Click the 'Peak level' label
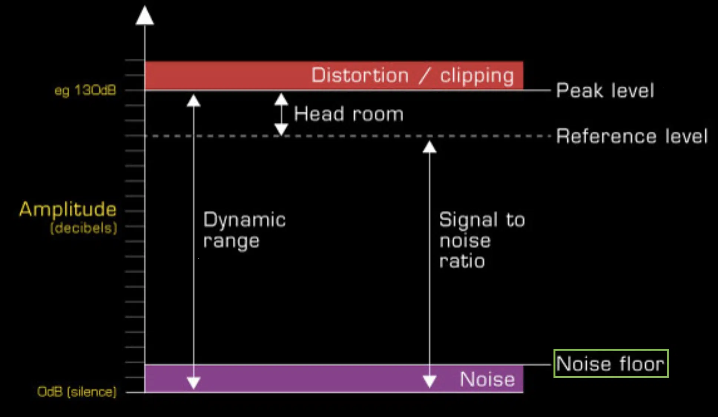(x=605, y=91)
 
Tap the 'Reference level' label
(x=632, y=136)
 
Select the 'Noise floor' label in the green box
(x=610, y=364)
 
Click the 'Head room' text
(x=349, y=114)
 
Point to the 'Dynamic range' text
(x=244, y=230)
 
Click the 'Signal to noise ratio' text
(x=482, y=240)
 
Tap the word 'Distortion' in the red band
(x=360, y=75)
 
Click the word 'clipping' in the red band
(x=477, y=76)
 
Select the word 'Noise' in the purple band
(x=487, y=379)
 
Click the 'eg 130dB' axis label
(x=85, y=91)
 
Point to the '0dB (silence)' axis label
(x=77, y=392)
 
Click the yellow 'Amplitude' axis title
(x=67, y=210)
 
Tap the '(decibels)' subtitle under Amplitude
(x=84, y=228)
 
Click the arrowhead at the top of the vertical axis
(x=145, y=16)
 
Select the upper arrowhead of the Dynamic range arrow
(x=194, y=101)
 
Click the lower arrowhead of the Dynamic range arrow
(x=194, y=382)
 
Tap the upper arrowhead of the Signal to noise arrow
(x=429, y=147)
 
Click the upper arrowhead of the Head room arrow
(x=281, y=99)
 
